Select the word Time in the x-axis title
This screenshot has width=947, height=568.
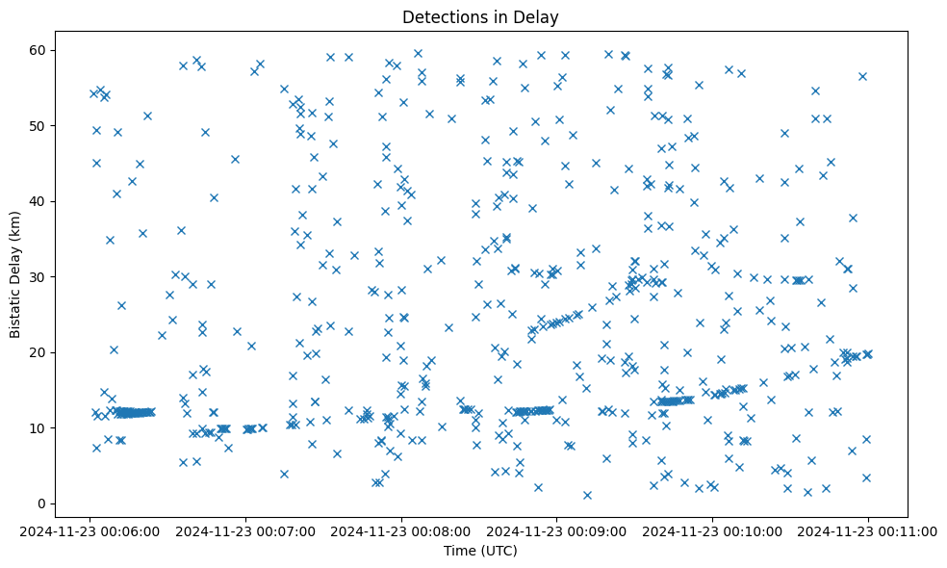(458, 551)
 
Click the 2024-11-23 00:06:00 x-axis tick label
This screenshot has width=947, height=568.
(90, 530)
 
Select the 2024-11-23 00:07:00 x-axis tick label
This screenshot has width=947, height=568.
(245, 530)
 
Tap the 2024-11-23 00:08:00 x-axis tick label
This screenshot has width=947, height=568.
(401, 530)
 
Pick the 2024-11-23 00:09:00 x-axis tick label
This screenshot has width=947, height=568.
(557, 530)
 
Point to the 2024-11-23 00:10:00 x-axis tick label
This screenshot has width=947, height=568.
(713, 530)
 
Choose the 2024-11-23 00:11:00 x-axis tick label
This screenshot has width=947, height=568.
(869, 530)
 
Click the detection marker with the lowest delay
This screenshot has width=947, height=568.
(587, 495)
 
